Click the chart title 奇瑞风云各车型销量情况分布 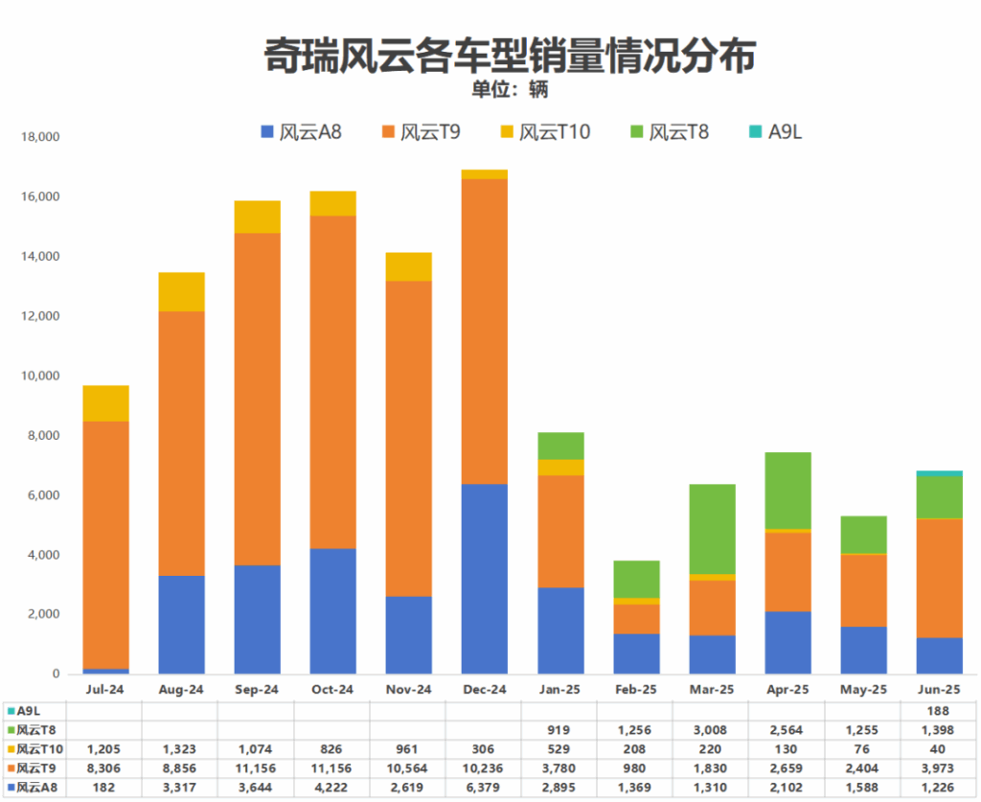tap(510, 56)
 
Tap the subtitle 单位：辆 tap(509, 90)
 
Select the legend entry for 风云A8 tap(301, 131)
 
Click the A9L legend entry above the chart tap(775, 131)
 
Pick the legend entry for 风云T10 tap(545, 131)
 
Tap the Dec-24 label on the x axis tap(484, 690)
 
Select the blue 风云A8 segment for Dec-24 tap(484, 579)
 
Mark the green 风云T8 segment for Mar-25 tap(711, 529)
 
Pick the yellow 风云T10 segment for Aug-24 tap(181, 292)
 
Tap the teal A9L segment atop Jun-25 tap(939, 473)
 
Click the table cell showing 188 tap(938, 711)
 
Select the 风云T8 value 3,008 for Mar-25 tap(711, 729)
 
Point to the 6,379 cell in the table tap(484, 787)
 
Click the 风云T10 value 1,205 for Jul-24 tap(105, 748)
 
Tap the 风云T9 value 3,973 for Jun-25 tap(938, 768)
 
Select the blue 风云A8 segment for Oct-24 tap(332, 611)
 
